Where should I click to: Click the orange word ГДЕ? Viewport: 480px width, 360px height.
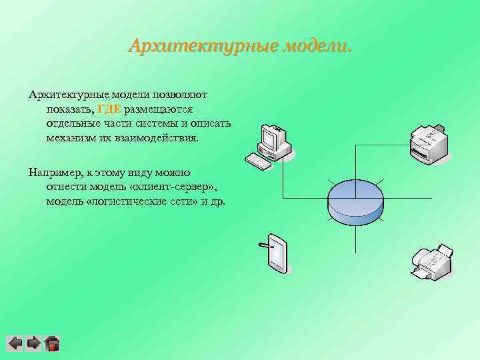(x=109, y=109)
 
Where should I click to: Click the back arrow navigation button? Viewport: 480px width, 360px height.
(x=15, y=343)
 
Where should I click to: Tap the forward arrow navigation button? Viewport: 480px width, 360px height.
(x=33, y=343)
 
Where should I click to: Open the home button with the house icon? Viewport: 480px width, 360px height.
(x=52, y=343)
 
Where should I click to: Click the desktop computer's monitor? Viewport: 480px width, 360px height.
(x=272, y=138)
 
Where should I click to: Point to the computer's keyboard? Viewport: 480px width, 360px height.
(x=257, y=161)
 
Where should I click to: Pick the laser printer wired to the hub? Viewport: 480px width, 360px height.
(x=430, y=143)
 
